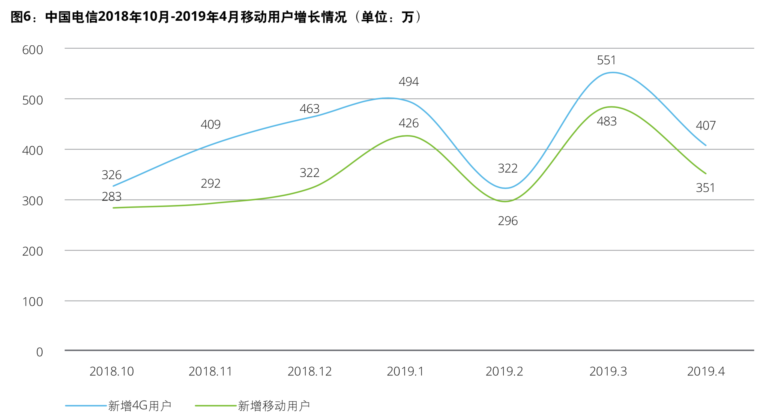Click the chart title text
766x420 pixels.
pyautogui.click(x=216, y=17)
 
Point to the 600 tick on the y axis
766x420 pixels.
pyautogui.click(x=32, y=50)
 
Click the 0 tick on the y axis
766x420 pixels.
pyautogui.click(x=39, y=352)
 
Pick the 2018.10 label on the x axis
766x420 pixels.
pyautogui.click(x=112, y=371)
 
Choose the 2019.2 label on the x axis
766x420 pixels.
pyautogui.click(x=504, y=371)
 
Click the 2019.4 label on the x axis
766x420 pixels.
pyautogui.click(x=706, y=371)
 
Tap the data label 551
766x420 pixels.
pyautogui.click(x=606, y=60)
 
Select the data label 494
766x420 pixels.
pyautogui.click(x=408, y=82)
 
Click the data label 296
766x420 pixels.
pyautogui.click(x=507, y=221)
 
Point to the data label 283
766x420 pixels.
pyautogui.click(x=112, y=197)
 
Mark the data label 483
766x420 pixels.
pyautogui.click(x=606, y=121)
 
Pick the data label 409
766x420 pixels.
pyautogui.click(x=211, y=124)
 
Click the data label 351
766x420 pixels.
pyautogui.click(x=705, y=188)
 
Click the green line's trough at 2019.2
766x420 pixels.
pyautogui.click(x=505, y=201)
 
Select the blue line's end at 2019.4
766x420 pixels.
pyautogui.click(x=706, y=145)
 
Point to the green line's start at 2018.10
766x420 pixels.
pyautogui.click(x=113, y=208)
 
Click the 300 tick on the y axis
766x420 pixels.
pyautogui.click(x=32, y=201)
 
